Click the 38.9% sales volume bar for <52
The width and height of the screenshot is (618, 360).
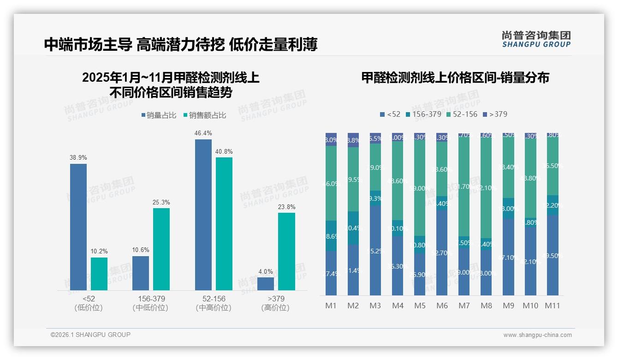(x=78, y=227)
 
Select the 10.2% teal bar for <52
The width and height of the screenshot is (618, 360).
(x=99, y=274)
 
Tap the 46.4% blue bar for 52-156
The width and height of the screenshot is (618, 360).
(x=203, y=215)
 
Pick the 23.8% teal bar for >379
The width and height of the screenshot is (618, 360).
(x=286, y=251)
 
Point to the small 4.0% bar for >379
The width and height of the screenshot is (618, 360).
(x=266, y=283)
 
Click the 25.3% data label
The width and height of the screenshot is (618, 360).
(x=161, y=202)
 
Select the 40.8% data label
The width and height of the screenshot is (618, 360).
(x=224, y=151)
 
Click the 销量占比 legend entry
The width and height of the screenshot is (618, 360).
(x=158, y=115)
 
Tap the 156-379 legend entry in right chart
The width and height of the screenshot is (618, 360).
(x=423, y=114)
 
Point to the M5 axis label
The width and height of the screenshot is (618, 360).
(x=420, y=306)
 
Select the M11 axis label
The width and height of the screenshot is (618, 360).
(x=553, y=306)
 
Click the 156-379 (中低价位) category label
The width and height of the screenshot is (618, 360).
(x=150, y=303)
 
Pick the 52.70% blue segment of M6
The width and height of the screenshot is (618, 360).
(x=442, y=253)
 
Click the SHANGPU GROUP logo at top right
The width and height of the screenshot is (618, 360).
(x=536, y=39)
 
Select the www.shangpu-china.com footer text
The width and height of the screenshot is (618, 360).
(x=537, y=335)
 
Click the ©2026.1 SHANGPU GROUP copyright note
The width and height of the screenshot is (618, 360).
(x=90, y=335)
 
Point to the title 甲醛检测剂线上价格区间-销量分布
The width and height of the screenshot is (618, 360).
(x=455, y=78)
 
